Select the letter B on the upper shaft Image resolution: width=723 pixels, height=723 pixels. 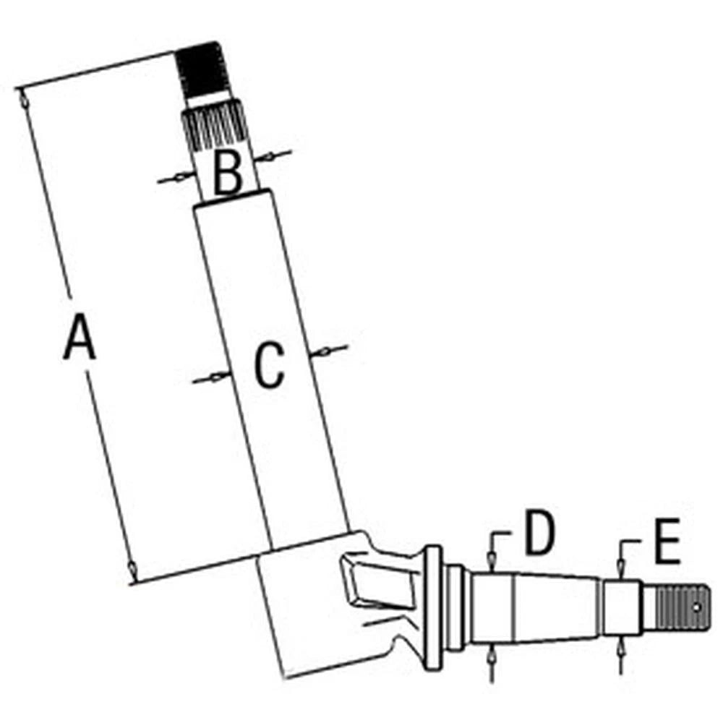pos(228,173)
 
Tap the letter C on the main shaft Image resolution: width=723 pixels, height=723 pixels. pos(270,364)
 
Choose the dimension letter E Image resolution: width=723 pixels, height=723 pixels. pos(667,542)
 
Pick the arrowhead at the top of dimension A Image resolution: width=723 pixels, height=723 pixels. pos(22,99)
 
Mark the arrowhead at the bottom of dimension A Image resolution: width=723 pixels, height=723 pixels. pos(132,570)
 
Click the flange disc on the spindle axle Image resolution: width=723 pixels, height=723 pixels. pos(432,609)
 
